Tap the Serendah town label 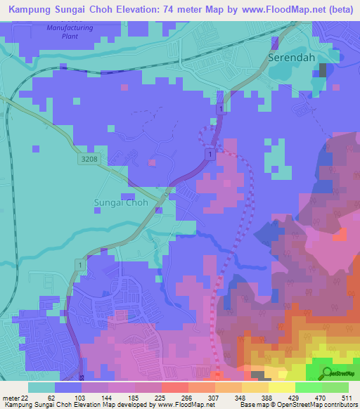(x=290, y=58)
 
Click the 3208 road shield (x=89, y=160)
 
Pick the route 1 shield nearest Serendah (x=221, y=110)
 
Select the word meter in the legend (x=10, y=398)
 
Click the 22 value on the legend (x=25, y=398)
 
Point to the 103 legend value (x=82, y=398)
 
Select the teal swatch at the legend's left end (x=41, y=387)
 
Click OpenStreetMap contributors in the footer (x=324, y=405)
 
